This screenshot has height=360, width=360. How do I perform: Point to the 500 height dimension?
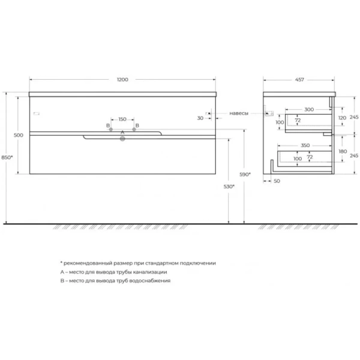tap(18, 136)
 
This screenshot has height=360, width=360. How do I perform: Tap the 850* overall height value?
tap(7, 158)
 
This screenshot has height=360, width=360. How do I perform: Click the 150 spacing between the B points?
tap(122, 119)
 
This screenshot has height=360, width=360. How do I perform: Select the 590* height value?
tap(245, 175)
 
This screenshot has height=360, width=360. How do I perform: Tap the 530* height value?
tap(228, 187)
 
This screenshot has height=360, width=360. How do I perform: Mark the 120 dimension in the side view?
tap(342, 118)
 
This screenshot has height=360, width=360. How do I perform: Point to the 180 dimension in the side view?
tap(342, 152)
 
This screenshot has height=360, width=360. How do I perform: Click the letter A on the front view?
tap(122, 132)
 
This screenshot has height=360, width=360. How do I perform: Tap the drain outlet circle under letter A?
tap(122, 139)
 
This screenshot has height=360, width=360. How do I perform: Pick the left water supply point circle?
tap(110, 130)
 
